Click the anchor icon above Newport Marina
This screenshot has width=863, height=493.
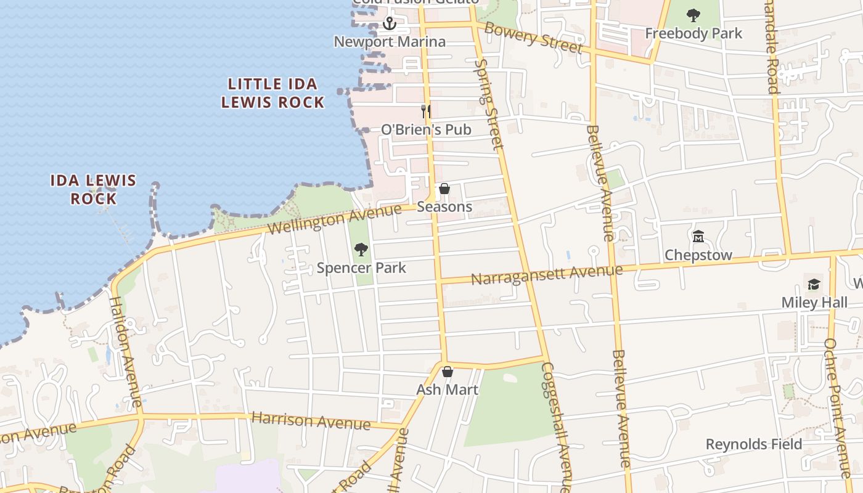pos(389,24)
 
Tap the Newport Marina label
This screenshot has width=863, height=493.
pos(390,42)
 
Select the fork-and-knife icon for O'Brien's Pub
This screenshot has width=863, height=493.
pos(425,111)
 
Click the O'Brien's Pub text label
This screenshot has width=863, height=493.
pos(426,129)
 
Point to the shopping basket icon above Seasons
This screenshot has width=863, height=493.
pos(444,189)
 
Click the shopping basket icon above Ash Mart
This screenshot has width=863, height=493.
pos(448,372)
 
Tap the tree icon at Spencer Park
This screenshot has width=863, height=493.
pos(361,250)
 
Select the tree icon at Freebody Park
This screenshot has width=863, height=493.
pos(693,15)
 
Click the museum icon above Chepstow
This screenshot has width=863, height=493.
pos(698,237)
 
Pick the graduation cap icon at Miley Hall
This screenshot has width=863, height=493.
pos(814,284)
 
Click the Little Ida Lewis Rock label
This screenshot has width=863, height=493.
pos(273,93)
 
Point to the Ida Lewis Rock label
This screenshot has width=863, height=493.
pos(93,189)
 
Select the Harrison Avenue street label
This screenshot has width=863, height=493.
pos(311,421)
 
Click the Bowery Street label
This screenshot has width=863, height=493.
pos(534,38)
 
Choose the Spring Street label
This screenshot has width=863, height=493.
pos(489,104)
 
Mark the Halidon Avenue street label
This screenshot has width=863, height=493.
pos(126,351)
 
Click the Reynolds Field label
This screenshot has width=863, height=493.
pos(754,444)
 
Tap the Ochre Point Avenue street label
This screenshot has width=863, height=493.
pos(838,408)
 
